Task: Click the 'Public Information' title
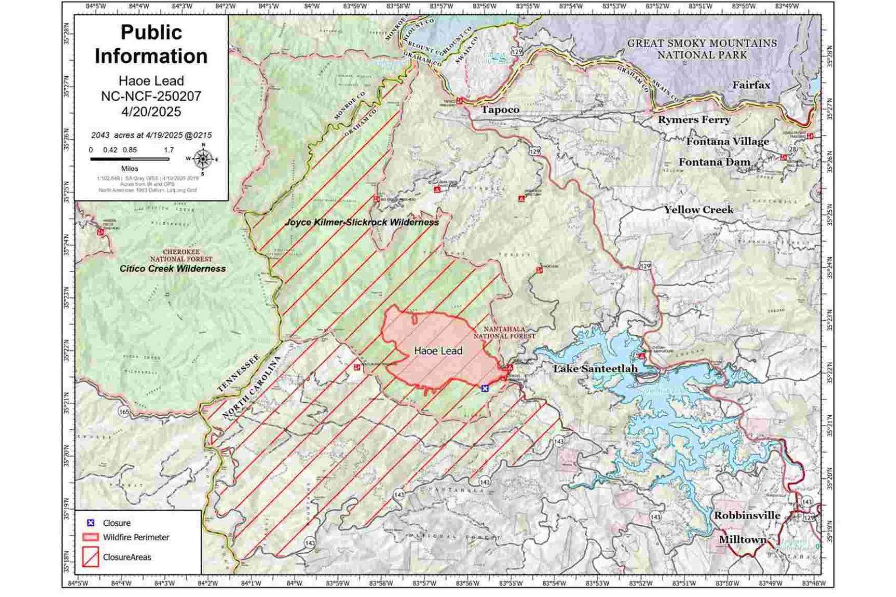[151, 44]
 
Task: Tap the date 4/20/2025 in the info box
[151, 111]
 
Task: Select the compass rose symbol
[203, 159]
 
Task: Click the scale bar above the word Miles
[129, 159]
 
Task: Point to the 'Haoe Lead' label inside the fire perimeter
[438, 351]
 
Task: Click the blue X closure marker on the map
[485, 388]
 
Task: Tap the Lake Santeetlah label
[595, 369]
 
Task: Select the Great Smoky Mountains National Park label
[702, 49]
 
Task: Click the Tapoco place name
[500, 109]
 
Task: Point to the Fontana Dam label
[714, 162]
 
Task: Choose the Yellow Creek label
[698, 210]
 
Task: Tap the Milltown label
[742, 540]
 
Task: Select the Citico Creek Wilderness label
[172, 269]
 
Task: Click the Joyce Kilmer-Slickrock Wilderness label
[362, 222]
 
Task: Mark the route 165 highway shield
[124, 412]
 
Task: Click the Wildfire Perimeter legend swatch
[90, 537]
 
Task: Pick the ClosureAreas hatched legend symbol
[90, 557]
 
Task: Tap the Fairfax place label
[751, 86]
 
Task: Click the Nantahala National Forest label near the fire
[504, 332]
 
